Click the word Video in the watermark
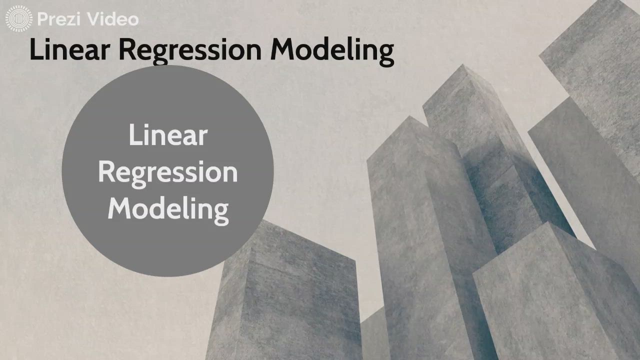[x=112, y=19]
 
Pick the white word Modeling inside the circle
[x=168, y=209]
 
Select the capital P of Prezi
[x=42, y=19]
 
